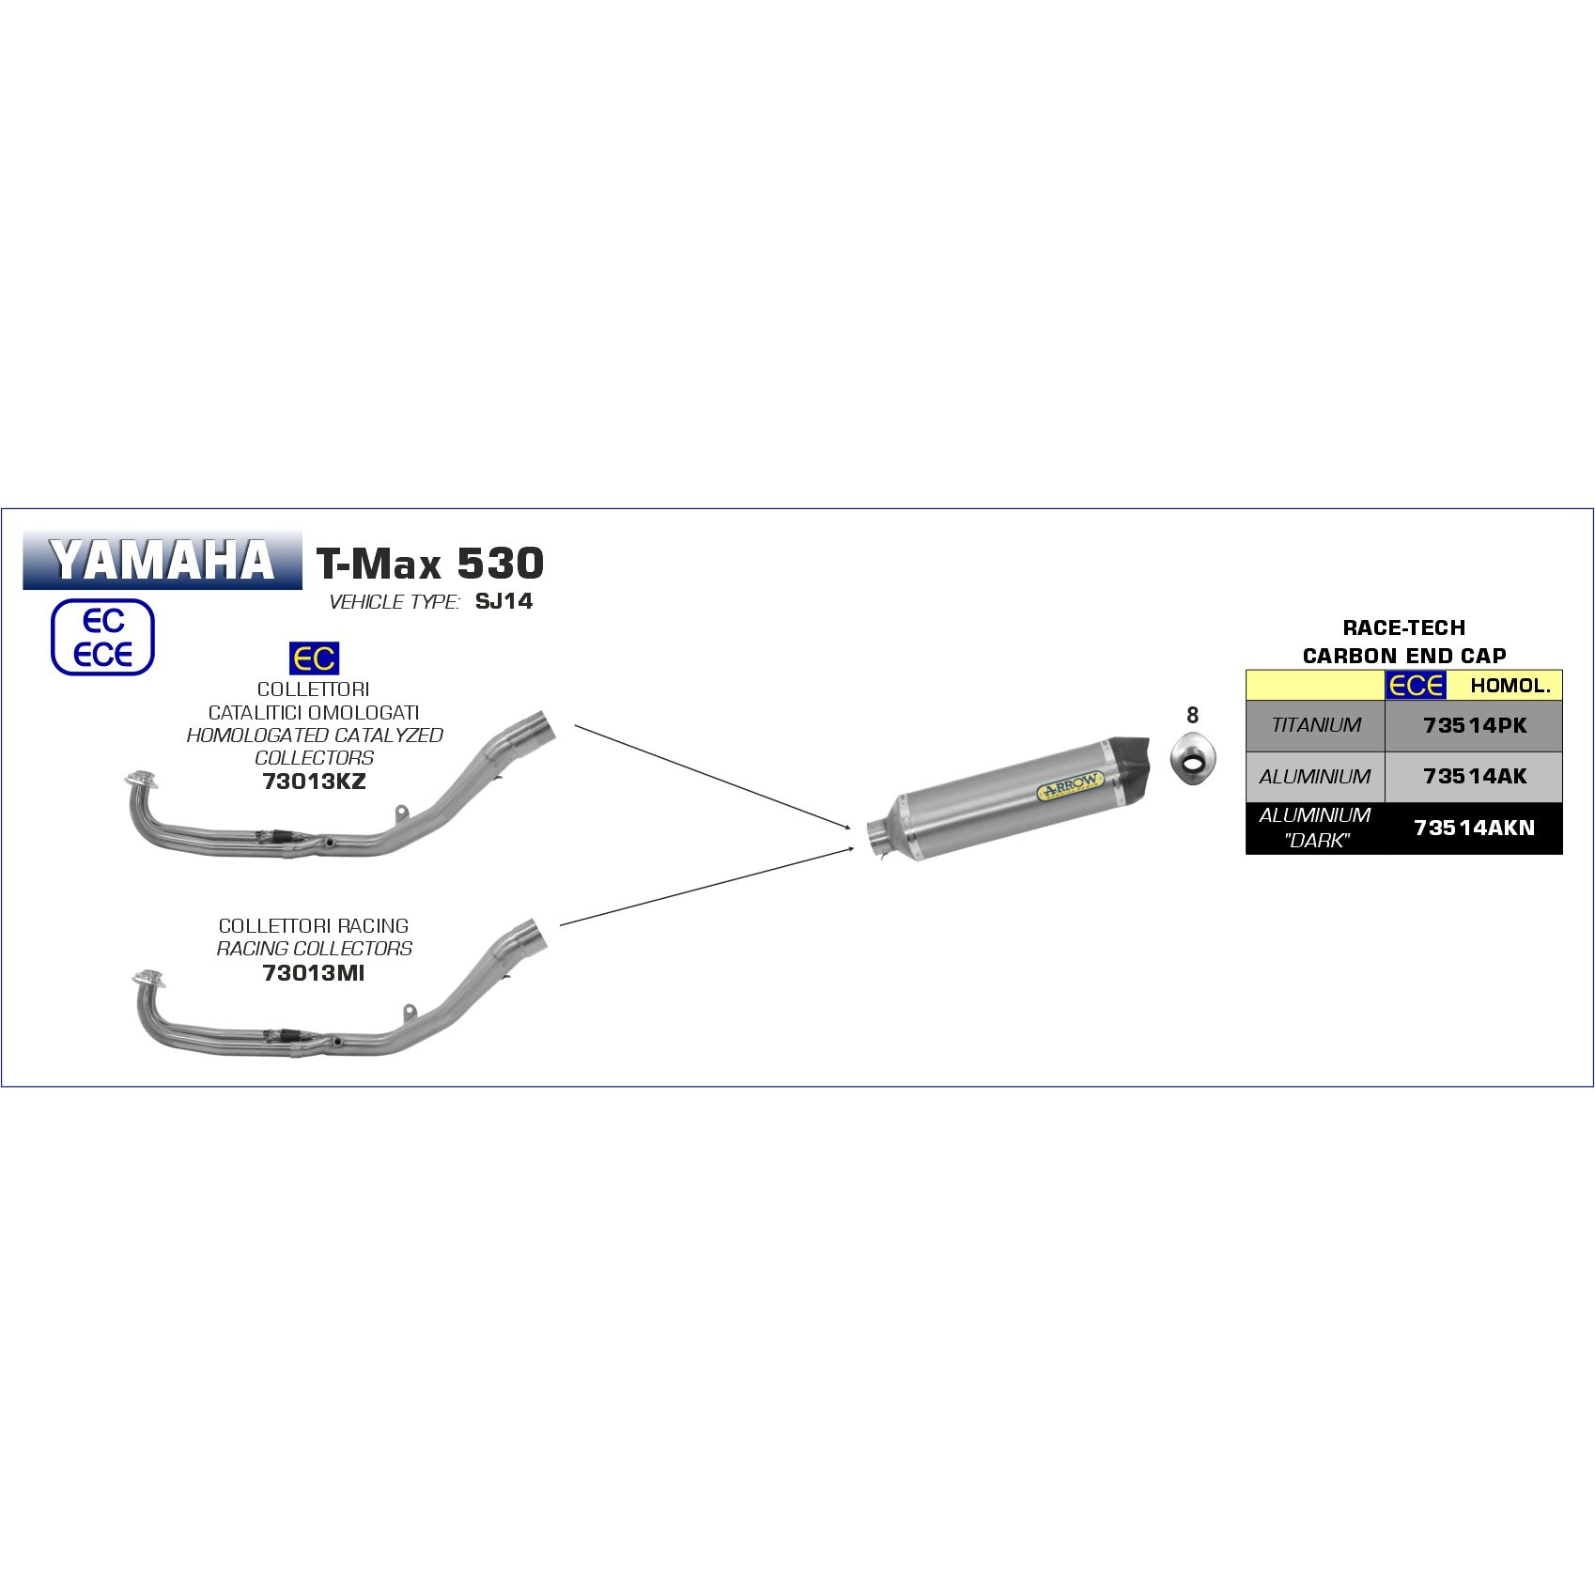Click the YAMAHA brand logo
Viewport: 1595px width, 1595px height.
click(163, 561)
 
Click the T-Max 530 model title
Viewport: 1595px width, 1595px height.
click(430, 564)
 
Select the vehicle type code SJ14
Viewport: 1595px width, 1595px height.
click(503, 601)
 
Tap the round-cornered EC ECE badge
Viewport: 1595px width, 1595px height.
click(102, 637)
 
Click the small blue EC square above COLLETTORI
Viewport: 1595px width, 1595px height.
click(314, 658)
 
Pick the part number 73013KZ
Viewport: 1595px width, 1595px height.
click(314, 781)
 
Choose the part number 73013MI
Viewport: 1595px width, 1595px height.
click(314, 972)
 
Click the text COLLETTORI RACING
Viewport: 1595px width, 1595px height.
click(314, 925)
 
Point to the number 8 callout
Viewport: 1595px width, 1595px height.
click(1192, 715)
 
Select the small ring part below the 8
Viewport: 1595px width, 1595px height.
click(1193, 760)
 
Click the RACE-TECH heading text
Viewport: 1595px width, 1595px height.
click(1403, 627)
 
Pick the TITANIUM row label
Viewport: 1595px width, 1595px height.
click(1315, 725)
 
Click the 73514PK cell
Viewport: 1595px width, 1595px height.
click(1475, 725)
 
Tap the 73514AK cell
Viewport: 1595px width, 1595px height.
click(1475, 776)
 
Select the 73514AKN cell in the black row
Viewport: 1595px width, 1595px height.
click(1475, 828)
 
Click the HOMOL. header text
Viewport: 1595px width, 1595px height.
click(1510, 686)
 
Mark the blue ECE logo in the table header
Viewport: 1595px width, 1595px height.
click(1417, 685)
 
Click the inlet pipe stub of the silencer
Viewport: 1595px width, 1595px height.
click(880, 839)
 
